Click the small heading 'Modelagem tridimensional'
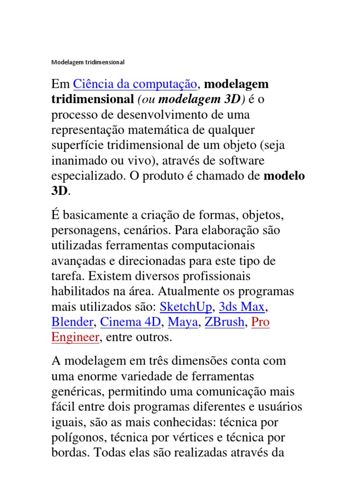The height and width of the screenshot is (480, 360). (x=88, y=62)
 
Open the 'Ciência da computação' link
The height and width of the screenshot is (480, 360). (x=135, y=84)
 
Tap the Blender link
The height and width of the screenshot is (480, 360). (x=73, y=322)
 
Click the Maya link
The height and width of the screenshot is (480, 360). (x=183, y=322)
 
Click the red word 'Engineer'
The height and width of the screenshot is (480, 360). (x=75, y=337)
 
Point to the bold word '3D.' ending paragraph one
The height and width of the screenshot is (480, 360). (x=60, y=191)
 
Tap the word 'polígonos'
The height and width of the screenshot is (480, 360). (x=75, y=437)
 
